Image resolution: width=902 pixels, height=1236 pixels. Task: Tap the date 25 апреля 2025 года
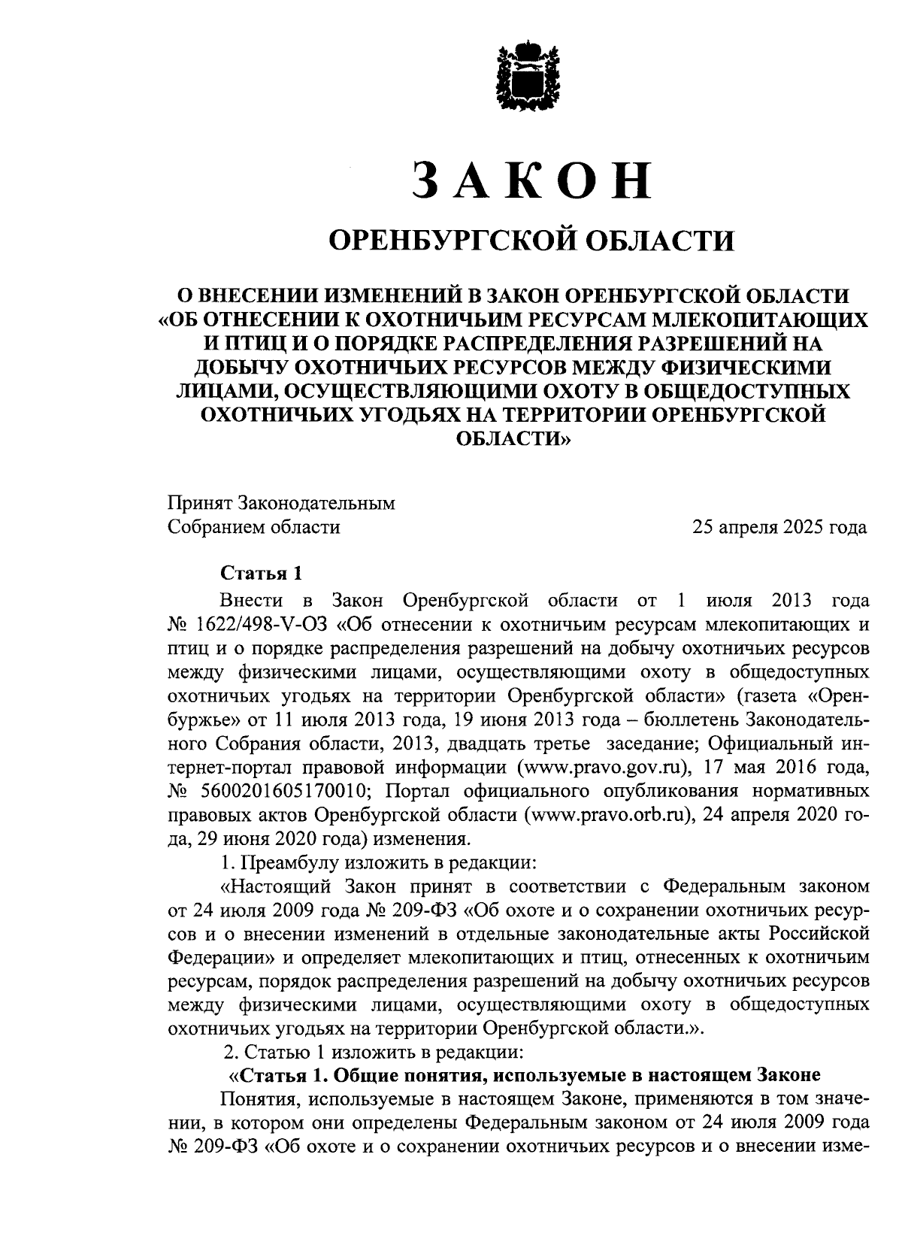[780, 527]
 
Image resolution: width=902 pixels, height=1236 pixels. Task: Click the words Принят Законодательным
[281, 503]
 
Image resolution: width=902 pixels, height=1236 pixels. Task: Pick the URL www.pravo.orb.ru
[608, 816]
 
